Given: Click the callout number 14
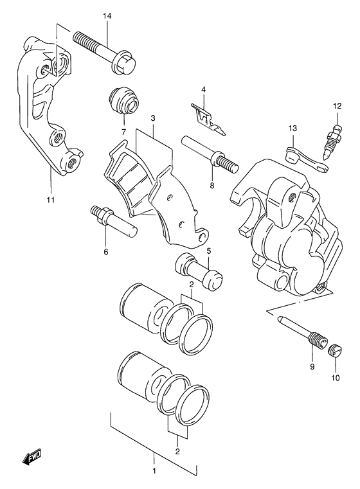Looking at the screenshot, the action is coord(107,16).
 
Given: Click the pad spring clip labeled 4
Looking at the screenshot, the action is coord(208,120).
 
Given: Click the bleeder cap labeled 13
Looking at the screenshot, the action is coord(307,159).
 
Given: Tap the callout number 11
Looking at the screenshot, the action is coord(51,200).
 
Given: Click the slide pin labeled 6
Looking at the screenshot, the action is coord(113,220).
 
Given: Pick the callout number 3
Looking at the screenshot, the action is coord(153,118).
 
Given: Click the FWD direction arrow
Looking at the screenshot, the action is coord(32,458).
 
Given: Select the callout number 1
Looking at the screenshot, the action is coord(154,479).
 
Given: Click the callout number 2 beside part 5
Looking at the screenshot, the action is coord(192,285).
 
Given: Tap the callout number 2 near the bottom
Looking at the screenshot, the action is coord(177,451).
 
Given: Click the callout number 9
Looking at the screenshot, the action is coord(312,367).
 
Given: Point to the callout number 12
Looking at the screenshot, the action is coord(337,106).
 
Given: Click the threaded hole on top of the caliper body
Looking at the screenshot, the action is coord(292,197).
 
